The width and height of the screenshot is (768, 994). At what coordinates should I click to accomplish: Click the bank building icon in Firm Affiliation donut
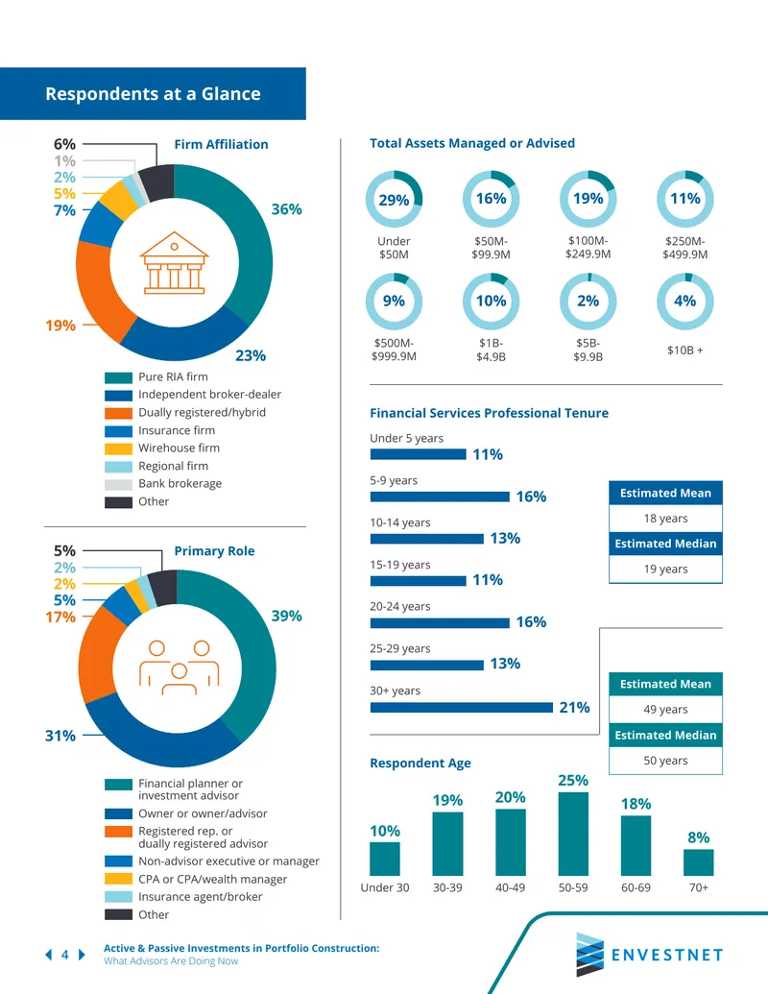coord(175,262)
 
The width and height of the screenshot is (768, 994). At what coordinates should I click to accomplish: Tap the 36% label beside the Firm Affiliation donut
coord(286,209)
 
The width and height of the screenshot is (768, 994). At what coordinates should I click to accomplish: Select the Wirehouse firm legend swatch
coord(118,449)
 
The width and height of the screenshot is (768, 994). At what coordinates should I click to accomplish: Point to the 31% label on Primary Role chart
coord(60,736)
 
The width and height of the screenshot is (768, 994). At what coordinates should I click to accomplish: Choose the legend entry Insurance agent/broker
coord(201,896)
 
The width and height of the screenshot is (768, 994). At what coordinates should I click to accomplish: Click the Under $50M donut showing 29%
coord(394,199)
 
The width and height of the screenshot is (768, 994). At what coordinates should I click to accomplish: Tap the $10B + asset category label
coord(685,350)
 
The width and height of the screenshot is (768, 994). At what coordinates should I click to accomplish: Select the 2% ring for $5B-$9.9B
coord(588,302)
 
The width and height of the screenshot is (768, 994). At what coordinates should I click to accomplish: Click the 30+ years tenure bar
coord(462,708)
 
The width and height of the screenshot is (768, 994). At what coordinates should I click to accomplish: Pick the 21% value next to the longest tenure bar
coord(574,708)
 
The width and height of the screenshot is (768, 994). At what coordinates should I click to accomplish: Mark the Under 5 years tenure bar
coord(419,454)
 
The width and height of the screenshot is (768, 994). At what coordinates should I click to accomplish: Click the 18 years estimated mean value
coord(665,518)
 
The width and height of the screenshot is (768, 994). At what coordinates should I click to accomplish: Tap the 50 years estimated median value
coord(665,760)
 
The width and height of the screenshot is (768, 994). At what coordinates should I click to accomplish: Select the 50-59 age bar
coord(573,834)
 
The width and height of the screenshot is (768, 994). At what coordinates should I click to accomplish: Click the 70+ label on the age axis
coord(698,887)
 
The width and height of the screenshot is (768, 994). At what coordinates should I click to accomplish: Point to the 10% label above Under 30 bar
coord(385,831)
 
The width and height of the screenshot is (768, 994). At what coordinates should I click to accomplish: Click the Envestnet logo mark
coord(590,954)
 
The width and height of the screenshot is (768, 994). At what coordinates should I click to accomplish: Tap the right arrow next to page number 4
coord(82,954)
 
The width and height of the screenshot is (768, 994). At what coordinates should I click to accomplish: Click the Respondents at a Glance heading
coord(153,94)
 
